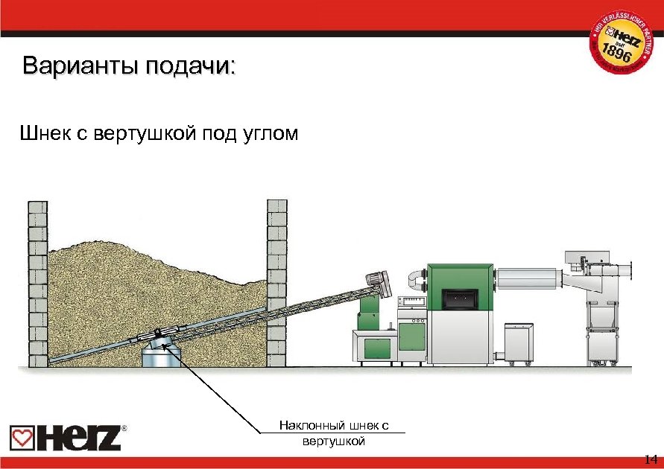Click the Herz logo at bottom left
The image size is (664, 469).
pos(66,438)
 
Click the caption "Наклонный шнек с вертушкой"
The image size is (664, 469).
pos(334,433)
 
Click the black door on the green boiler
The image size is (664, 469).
pos(457,299)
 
